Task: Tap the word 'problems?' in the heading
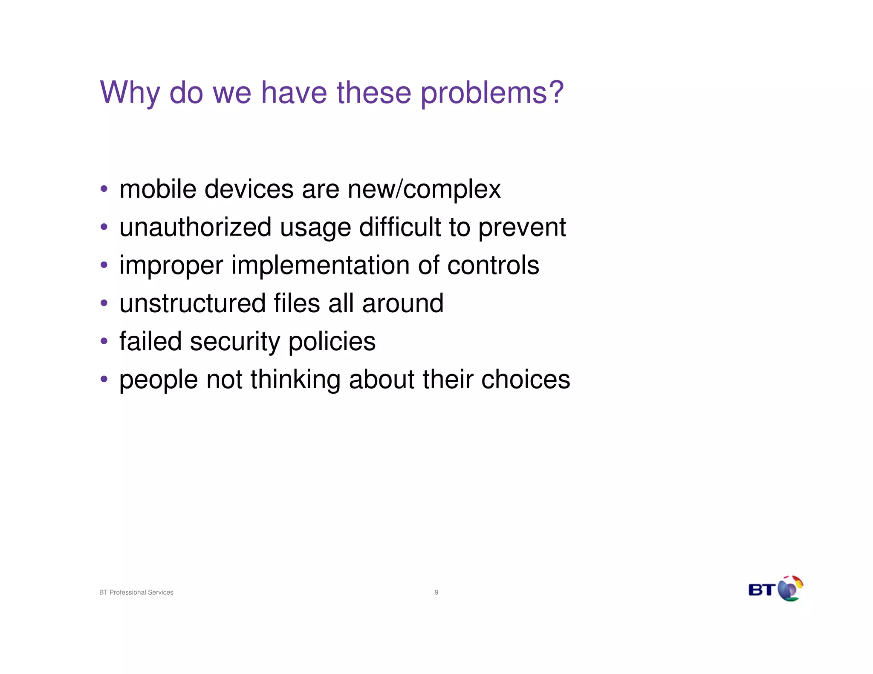[x=492, y=93]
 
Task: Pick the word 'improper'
[x=171, y=266]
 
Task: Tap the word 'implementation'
[x=320, y=266]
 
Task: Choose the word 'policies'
[x=332, y=342]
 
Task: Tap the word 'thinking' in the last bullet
[x=295, y=380]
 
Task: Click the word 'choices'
[x=525, y=380]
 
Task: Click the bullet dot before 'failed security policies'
[x=104, y=341]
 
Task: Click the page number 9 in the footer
[x=436, y=592]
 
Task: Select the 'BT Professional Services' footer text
[x=136, y=592]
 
